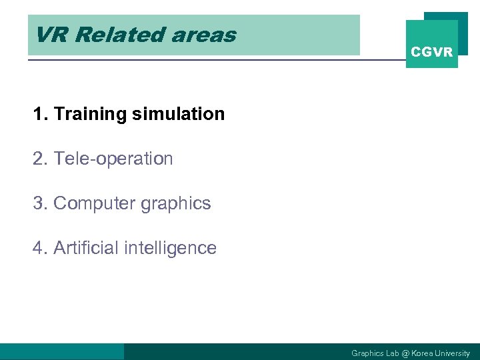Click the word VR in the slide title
[51, 35]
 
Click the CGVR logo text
[431, 52]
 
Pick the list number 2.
[39, 159]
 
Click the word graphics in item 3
[175, 204]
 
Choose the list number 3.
[39, 203]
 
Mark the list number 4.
[39, 248]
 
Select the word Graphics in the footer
[365, 353]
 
